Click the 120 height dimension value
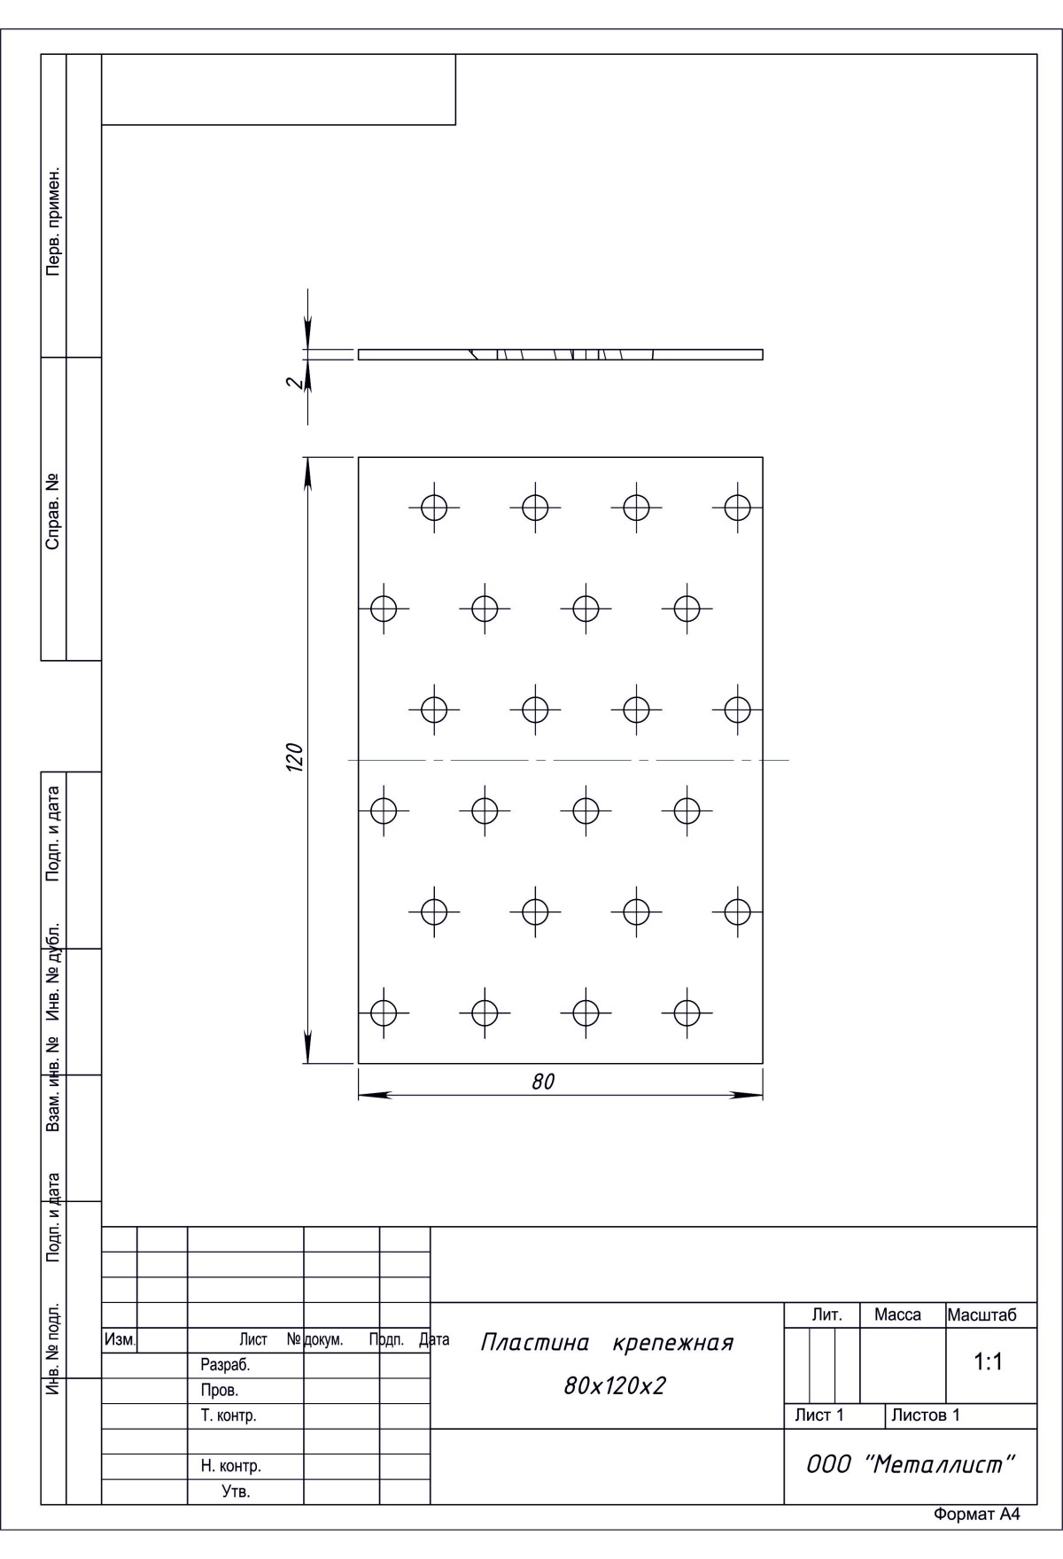coord(295,757)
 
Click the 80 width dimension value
coord(543,1082)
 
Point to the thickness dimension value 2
coord(296,384)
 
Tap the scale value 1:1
coord(988,1362)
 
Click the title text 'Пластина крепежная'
coord(607,1343)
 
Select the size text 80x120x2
coord(614,1386)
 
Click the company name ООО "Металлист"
coord(909,1465)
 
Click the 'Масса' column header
coord(897,1315)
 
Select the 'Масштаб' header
coord(982,1315)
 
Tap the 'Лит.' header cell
coord(826,1315)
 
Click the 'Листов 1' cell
coord(925,1416)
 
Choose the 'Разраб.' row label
coord(225,1366)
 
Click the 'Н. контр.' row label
coord(230,1466)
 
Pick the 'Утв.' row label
coord(236,1492)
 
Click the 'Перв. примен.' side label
coord(54,220)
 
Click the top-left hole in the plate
coord(434,508)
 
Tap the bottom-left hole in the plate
coord(383,1012)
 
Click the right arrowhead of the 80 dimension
coord(746,1096)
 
